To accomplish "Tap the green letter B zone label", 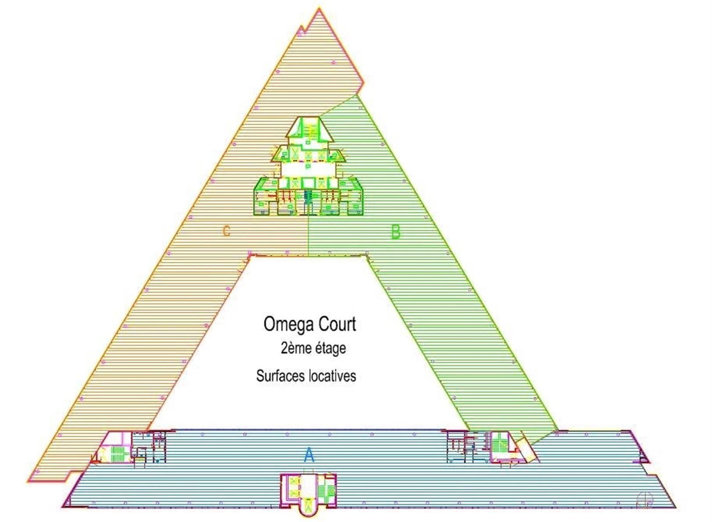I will coord(396,232).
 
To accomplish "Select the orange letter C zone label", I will coord(226,231).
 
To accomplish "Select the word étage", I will coord(330,348).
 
